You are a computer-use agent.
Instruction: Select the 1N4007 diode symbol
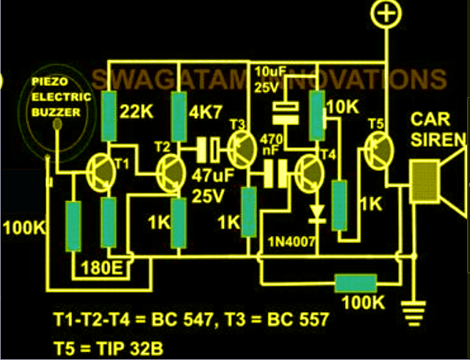(x=317, y=214)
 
